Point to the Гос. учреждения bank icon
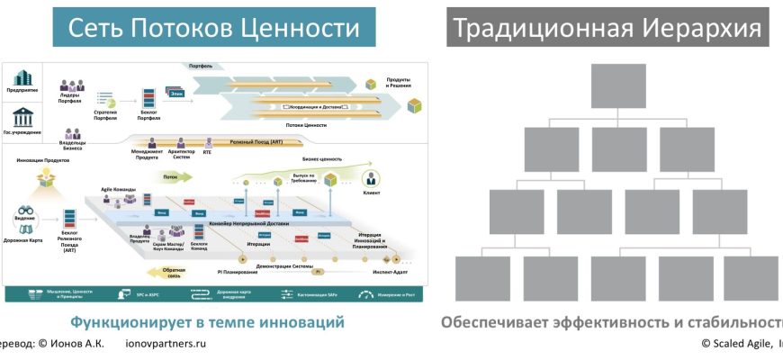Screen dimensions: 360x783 pyautogui.click(x=22, y=117)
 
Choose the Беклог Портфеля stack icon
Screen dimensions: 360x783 pyautogui.click(x=148, y=97)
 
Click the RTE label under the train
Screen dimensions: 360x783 pyautogui.click(x=208, y=152)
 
